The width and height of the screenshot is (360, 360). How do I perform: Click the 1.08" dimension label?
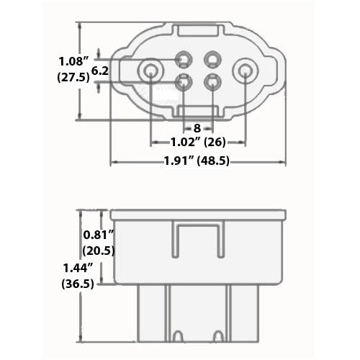73,61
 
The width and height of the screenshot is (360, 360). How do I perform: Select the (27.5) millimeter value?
74,78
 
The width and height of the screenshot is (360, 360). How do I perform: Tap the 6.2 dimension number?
101,71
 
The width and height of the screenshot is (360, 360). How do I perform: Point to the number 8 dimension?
197,129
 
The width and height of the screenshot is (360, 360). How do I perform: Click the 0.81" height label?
98,235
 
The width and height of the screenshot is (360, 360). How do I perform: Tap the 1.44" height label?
78,268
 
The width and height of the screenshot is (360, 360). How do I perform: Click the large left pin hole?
151,71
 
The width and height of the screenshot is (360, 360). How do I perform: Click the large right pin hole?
245,71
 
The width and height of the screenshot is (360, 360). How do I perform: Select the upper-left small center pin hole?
184,59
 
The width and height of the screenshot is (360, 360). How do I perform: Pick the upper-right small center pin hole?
212,59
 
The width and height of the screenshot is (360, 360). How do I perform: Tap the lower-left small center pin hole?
184,81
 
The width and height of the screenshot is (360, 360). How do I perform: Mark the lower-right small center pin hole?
212,81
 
